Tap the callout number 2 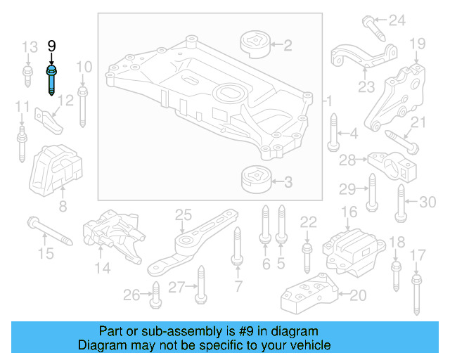coord(288,46)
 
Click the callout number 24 coord(398,20)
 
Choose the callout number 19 coord(417,44)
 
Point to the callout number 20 coord(357,295)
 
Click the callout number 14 coord(103,267)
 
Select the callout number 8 coord(63,207)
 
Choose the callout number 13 coord(29,48)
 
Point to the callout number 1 coord(328,103)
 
